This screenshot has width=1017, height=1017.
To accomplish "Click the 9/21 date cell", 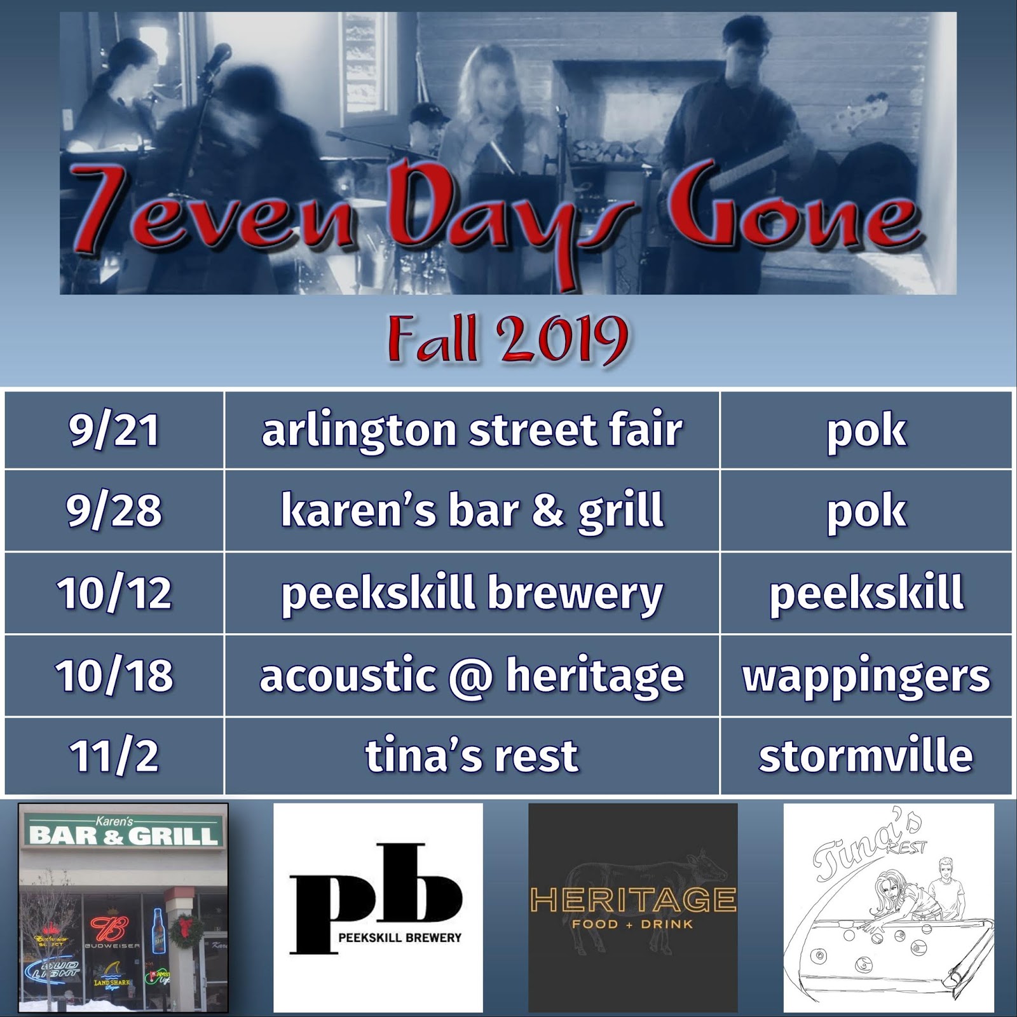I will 114,430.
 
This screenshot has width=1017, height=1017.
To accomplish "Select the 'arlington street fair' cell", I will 472,430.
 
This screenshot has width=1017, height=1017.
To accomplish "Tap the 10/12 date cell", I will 114,593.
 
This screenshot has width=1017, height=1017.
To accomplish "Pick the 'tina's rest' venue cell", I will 472,756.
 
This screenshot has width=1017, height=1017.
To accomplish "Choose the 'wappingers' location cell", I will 866,675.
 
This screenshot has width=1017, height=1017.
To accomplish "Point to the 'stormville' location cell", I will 866,756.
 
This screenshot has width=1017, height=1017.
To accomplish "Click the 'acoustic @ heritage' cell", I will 472,675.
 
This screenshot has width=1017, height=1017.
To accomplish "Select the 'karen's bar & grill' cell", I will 472,511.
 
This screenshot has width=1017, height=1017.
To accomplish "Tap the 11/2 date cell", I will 114,756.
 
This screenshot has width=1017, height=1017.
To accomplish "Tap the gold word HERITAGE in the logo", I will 633,900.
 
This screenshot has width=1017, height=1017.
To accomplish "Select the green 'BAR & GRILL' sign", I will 123,833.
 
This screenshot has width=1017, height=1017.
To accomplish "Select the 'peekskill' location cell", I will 866,593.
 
